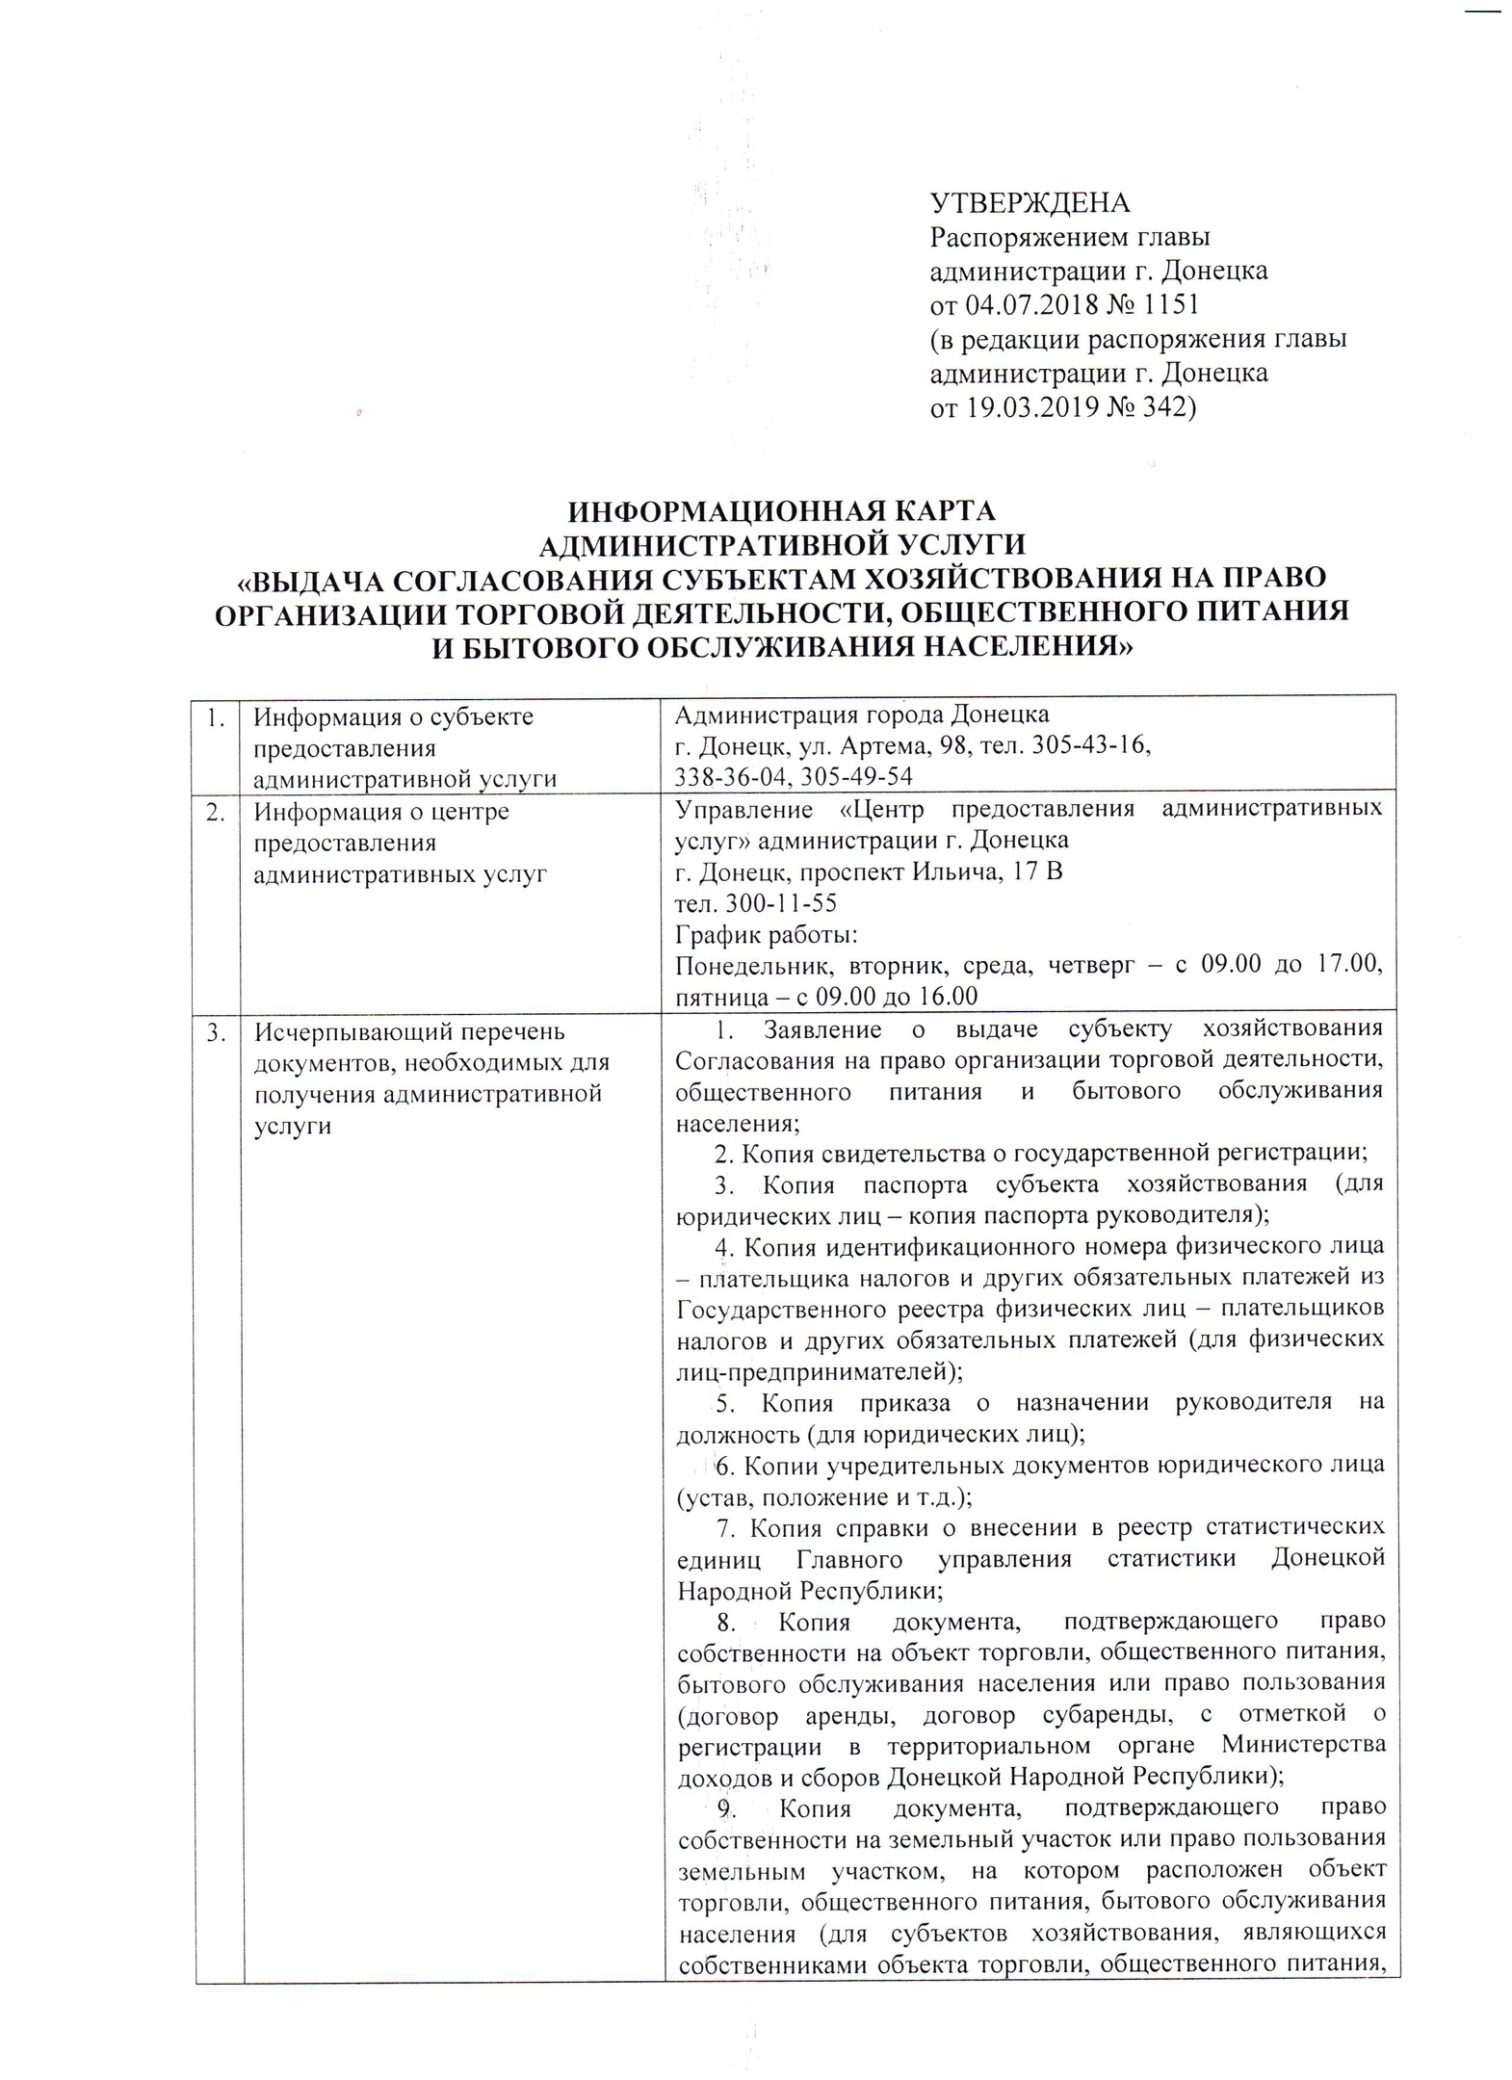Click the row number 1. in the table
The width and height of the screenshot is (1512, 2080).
pos(218,717)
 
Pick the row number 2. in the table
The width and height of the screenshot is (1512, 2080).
pos(218,812)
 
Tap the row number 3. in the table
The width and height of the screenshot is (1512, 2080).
pos(218,1032)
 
